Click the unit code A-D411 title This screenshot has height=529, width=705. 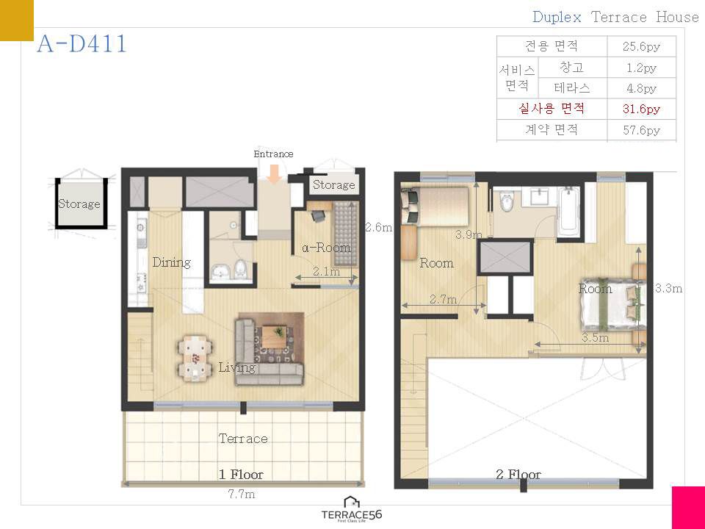click(82, 44)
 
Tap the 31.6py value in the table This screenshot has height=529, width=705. click(641, 109)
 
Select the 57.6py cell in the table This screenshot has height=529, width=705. click(641, 130)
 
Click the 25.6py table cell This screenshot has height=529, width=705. click(641, 46)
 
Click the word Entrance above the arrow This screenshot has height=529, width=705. click(273, 154)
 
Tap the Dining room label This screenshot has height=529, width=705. click(171, 262)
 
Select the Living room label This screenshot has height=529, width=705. click(237, 367)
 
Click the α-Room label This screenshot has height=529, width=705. click(326, 247)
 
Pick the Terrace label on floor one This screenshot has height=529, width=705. click(243, 438)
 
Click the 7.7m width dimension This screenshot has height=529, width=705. click(242, 494)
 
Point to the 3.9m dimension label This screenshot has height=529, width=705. click(469, 234)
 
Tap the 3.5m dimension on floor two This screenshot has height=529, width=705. click(596, 337)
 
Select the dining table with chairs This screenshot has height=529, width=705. click(195, 358)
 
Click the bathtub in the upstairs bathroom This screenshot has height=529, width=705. click(568, 212)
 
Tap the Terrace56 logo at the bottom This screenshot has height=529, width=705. click(352, 509)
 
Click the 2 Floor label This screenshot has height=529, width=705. click(518, 474)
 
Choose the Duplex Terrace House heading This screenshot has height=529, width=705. click(615, 17)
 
